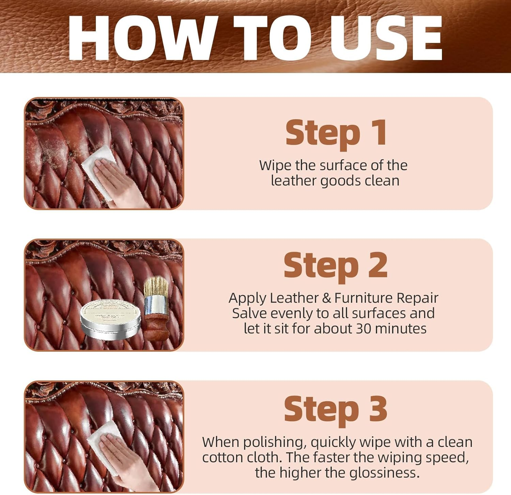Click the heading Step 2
(336, 266)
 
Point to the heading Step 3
(336, 409)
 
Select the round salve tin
(111, 320)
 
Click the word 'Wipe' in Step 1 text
(276, 165)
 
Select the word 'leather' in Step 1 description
(293, 180)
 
